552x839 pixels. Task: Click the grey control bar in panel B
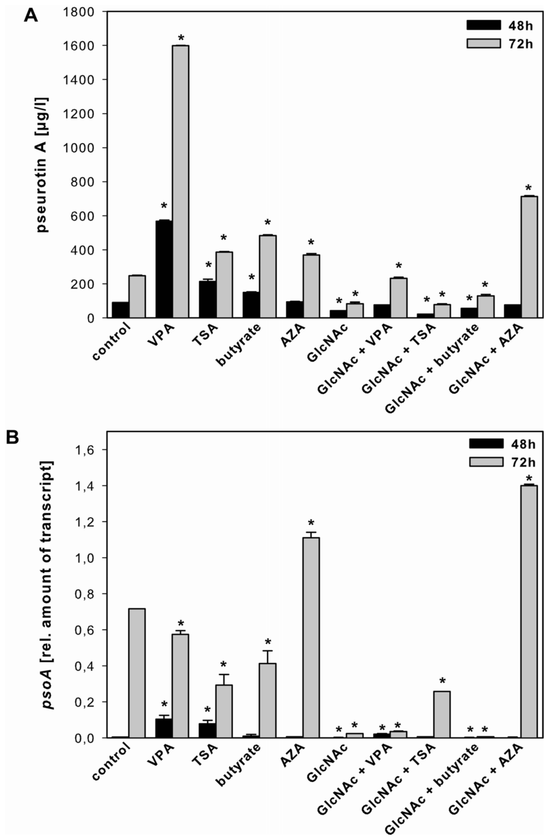click(136, 673)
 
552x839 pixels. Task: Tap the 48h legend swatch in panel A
click(483, 25)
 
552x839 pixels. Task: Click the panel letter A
click(31, 16)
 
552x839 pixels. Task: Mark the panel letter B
click(12, 437)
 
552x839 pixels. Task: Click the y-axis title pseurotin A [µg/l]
click(42, 164)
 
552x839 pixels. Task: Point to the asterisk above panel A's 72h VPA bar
click(181, 38)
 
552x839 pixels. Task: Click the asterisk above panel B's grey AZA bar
click(311, 523)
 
